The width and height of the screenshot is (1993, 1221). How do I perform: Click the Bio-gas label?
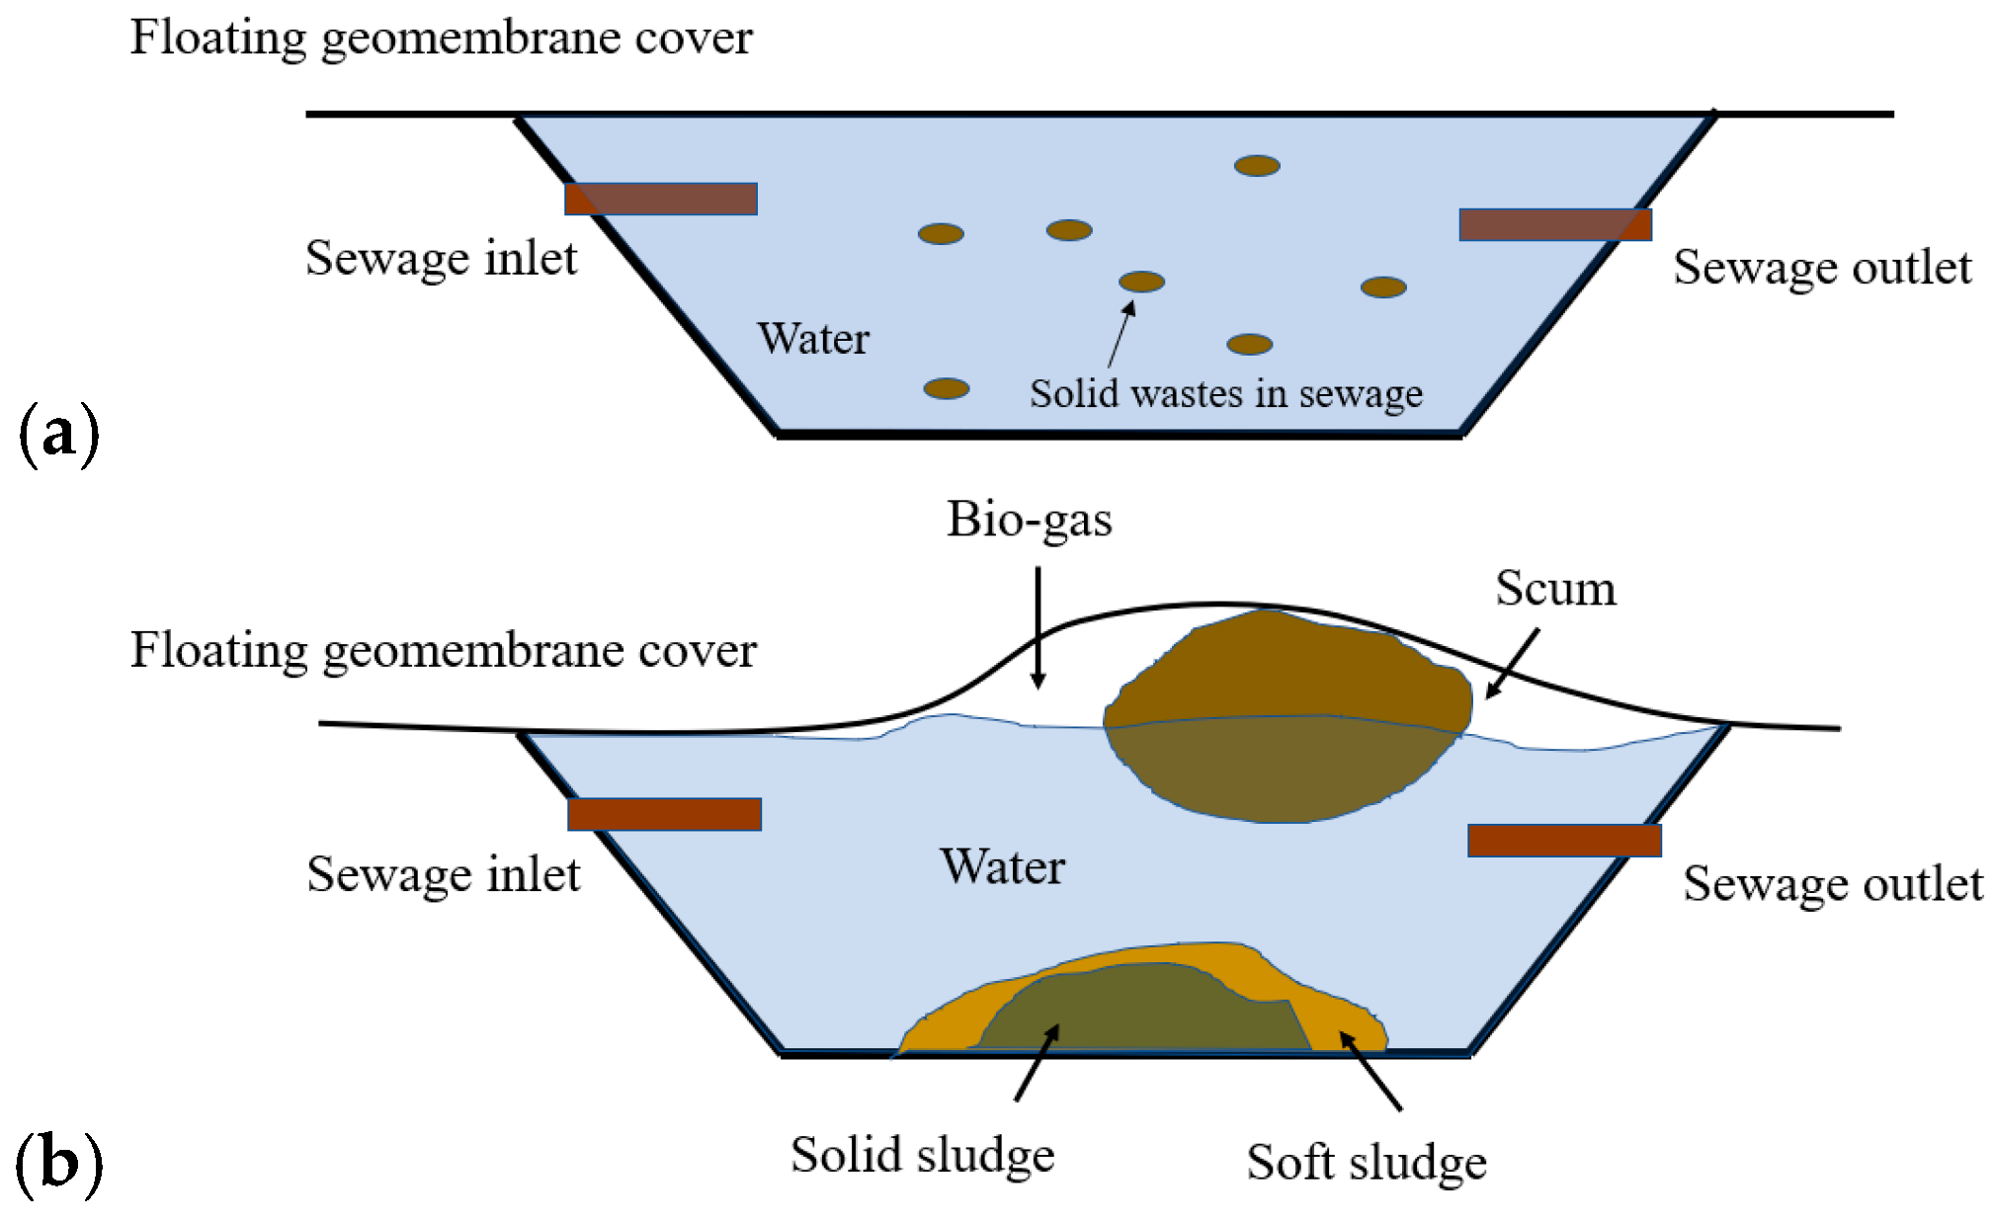coord(1029,520)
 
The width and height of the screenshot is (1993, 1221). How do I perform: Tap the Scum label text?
coord(1555,589)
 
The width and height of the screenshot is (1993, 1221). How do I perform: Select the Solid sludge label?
coord(922,1155)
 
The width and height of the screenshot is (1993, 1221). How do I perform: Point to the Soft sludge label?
coord(1366,1163)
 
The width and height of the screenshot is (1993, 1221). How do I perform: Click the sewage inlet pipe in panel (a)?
coord(660,199)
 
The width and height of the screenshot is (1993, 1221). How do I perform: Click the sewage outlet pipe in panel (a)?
coord(1554,224)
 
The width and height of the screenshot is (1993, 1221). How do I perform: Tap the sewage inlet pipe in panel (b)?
coord(664,814)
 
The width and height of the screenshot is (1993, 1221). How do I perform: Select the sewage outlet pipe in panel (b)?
coord(1563,840)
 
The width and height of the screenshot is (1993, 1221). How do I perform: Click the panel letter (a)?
coord(59,432)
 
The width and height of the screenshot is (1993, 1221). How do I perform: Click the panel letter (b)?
coord(59,1163)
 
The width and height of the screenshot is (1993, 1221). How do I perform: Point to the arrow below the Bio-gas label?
coord(1038,627)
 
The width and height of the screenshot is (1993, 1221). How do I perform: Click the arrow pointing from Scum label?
coord(1512,664)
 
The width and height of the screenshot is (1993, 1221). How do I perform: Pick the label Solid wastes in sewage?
coord(1225,393)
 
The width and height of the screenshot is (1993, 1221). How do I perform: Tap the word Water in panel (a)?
coord(813,339)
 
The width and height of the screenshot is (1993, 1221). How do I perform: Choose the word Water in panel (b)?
coord(1002,867)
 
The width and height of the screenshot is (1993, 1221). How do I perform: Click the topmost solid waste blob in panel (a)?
coord(1257,166)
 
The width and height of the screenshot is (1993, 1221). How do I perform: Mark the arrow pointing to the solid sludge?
coord(1037,1062)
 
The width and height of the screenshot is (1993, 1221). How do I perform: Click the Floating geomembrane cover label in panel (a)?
coord(441,39)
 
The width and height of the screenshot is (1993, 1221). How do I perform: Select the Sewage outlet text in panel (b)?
coord(1833,884)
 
